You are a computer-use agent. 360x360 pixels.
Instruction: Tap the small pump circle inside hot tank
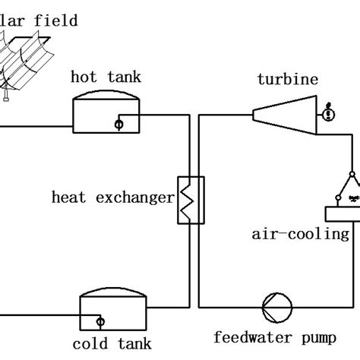pyautogui.click(x=118, y=122)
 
